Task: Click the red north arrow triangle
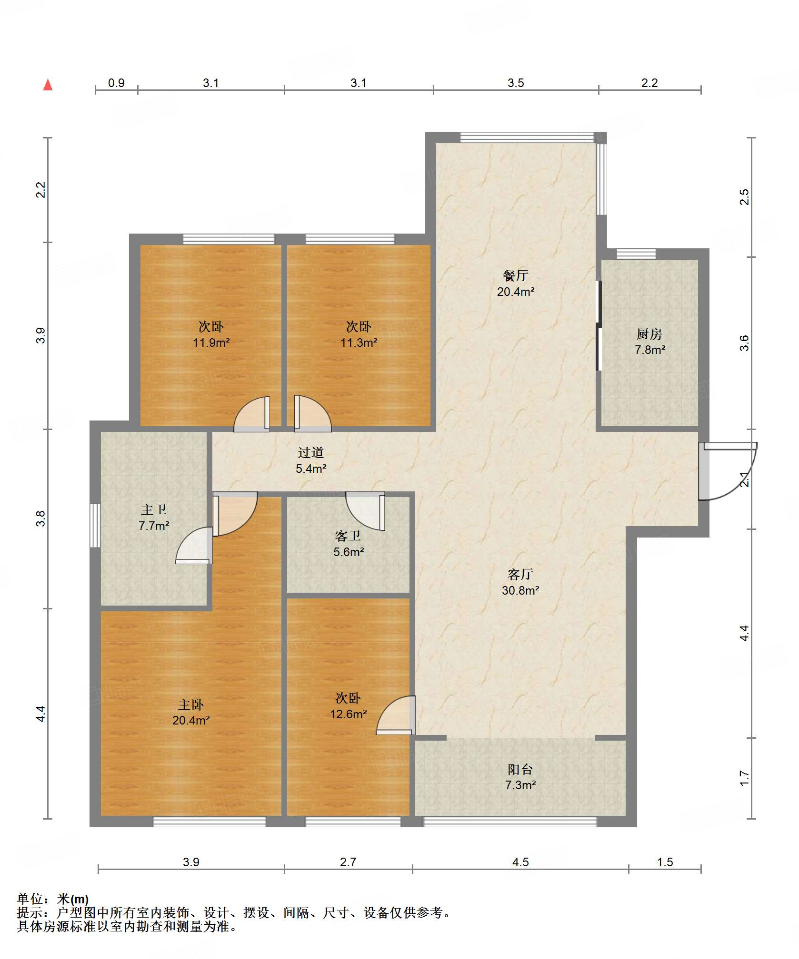(48, 85)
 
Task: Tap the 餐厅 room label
(516, 283)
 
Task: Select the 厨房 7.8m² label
(649, 342)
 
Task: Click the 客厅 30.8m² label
(520, 582)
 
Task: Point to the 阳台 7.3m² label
(520, 777)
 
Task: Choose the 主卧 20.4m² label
(191, 712)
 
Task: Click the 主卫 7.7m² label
(154, 518)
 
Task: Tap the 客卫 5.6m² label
(349, 544)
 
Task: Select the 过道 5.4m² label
(311, 460)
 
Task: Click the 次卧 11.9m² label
(211, 334)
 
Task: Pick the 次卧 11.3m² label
(359, 334)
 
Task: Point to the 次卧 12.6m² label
(348, 706)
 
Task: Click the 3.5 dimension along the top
(516, 83)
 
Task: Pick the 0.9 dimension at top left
(116, 83)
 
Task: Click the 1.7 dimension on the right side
(744, 778)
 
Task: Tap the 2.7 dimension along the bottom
(348, 862)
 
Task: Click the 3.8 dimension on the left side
(41, 518)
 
